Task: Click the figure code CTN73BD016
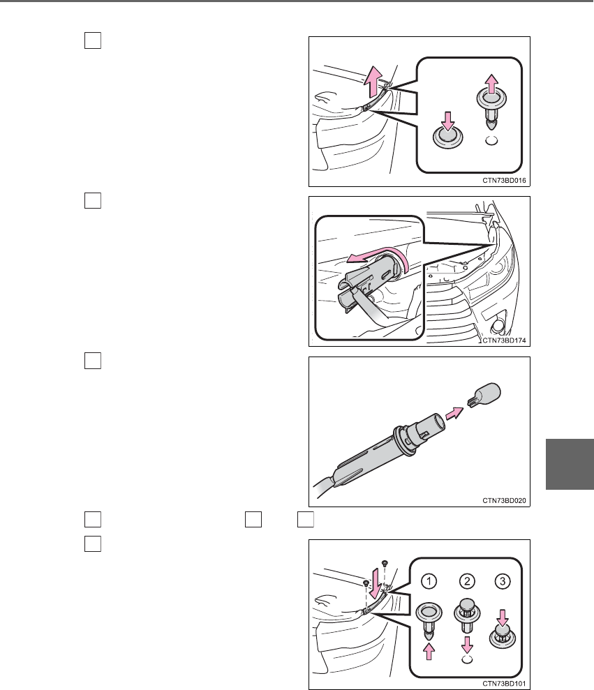[504, 181]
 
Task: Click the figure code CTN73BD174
[504, 340]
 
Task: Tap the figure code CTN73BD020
[504, 501]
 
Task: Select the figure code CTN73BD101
[504, 684]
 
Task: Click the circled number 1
[429, 581]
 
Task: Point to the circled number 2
[467, 581]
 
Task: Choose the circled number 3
[503, 581]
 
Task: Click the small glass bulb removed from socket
[484, 395]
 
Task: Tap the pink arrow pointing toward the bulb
[454, 414]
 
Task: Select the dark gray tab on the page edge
[570, 464]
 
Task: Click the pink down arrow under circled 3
[503, 617]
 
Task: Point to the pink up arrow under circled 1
[429, 651]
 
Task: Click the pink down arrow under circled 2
[467, 645]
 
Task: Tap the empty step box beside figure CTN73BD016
[92, 40]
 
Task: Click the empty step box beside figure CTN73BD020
[92, 361]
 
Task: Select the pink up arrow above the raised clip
[491, 84]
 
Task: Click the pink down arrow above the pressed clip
[448, 121]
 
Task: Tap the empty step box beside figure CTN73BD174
[92, 201]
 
